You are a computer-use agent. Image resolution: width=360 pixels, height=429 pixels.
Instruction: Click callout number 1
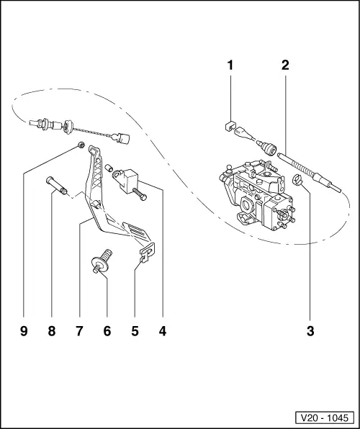230,65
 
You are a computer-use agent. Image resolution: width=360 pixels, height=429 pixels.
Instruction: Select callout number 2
285,65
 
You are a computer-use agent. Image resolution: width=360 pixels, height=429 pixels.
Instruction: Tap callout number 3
310,331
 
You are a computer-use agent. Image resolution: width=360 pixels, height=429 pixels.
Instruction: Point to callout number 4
163,331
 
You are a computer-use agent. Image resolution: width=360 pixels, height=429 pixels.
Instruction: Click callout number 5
135,331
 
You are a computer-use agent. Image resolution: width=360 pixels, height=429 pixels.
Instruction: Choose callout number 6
107,331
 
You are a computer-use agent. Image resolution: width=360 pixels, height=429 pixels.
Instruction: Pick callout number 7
79,331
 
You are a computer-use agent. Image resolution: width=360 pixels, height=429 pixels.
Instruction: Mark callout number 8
51,331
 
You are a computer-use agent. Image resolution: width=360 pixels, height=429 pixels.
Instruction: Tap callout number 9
24,331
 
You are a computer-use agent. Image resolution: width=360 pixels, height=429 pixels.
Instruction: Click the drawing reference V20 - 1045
325,417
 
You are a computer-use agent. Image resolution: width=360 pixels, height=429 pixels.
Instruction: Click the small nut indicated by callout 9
81,145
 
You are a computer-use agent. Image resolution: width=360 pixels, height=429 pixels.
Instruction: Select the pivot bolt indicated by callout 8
57,186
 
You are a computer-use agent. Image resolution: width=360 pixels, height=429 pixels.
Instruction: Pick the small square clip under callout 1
230,125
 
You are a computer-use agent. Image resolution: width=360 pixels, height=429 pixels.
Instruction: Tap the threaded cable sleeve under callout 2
310,172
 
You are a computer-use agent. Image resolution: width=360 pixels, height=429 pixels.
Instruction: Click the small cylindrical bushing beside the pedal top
109,168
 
